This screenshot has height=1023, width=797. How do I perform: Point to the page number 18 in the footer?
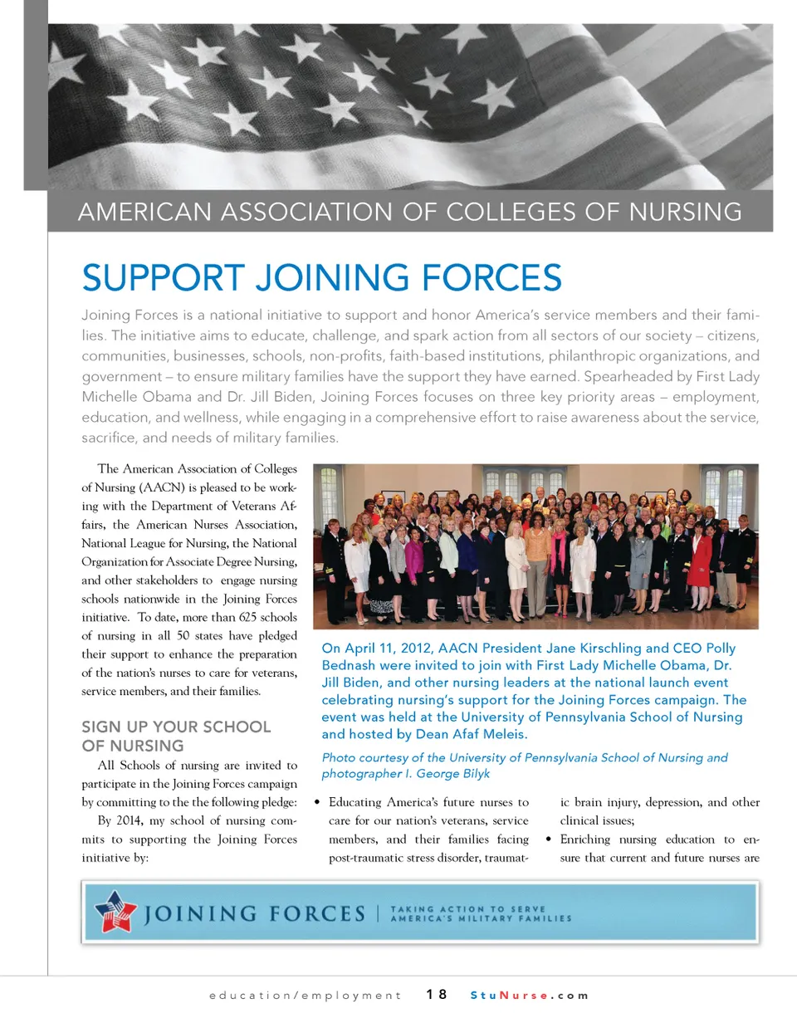(437, 995)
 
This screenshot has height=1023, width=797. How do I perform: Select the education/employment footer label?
(302, 995)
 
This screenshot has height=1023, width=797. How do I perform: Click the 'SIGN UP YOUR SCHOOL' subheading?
(176, 727)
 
